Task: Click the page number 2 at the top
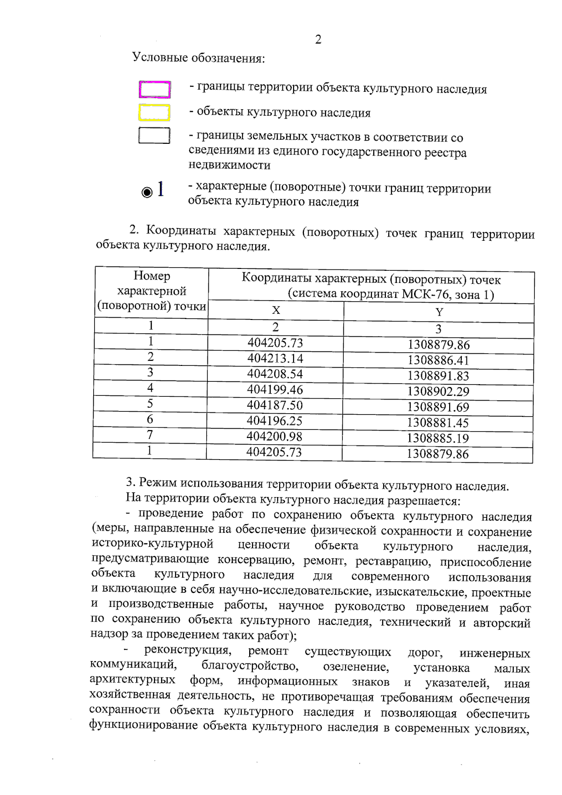318,39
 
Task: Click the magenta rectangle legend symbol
155,89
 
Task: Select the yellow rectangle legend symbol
154,112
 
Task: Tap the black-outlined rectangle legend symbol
154,135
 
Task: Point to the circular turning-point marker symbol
147,192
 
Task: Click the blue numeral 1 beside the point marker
161,189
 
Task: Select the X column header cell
276,310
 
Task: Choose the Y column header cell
439,312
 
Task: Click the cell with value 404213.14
275,358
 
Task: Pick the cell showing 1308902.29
438,392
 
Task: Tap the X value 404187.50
275,405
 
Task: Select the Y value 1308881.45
438,423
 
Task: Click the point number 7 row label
150,435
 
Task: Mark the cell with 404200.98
274,437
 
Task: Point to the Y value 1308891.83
438,376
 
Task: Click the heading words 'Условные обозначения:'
199,58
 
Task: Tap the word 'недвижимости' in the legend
229,165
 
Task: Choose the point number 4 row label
150,388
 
